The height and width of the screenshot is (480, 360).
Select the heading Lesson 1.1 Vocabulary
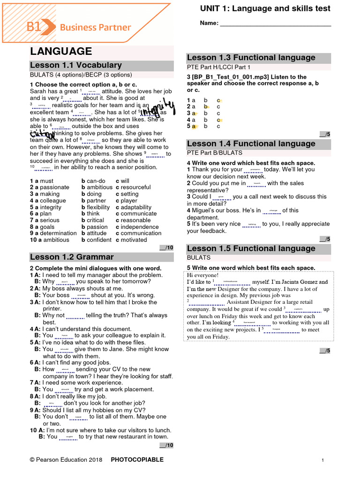[x=76, y=65]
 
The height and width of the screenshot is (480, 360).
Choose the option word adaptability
[x=136, y=207]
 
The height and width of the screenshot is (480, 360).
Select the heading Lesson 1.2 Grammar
[x=72, y=257]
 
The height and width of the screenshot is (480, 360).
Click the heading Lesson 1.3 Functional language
[x=251, y=58]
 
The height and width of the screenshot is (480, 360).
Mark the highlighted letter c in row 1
[x=219, y=100]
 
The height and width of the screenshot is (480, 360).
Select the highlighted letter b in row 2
[x=205, y=107]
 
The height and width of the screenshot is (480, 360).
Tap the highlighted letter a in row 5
[x=193, y=127]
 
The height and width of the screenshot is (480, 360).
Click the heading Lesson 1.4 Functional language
[x=251, y=143]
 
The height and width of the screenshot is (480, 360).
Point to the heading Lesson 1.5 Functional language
[x=251, y=248]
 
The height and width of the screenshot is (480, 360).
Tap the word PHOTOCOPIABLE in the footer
[x=137, y=460]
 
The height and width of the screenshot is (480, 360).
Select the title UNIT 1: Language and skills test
[x=265, y=8]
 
